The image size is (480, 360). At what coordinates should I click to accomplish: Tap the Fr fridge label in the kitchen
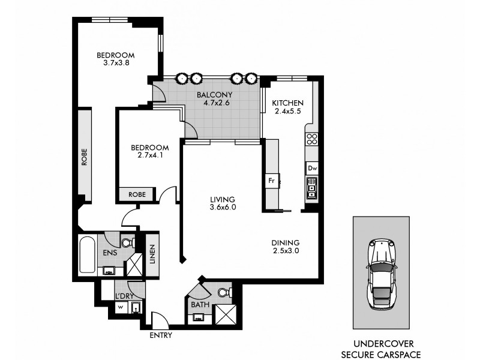271,179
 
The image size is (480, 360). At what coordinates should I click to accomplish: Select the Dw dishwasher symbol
311,169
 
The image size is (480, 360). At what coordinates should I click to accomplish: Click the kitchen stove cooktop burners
311,139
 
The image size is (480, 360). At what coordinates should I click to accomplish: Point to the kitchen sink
311,190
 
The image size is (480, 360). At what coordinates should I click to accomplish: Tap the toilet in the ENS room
127,242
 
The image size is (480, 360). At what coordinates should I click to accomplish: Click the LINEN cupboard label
152,254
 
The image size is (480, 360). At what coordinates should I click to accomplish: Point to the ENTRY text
161,335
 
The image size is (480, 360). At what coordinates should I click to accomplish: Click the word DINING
281,242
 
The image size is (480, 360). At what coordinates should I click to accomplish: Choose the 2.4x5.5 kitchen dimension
284,111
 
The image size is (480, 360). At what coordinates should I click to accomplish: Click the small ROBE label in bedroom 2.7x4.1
136,195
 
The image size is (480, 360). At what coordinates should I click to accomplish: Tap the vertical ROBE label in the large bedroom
85,157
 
